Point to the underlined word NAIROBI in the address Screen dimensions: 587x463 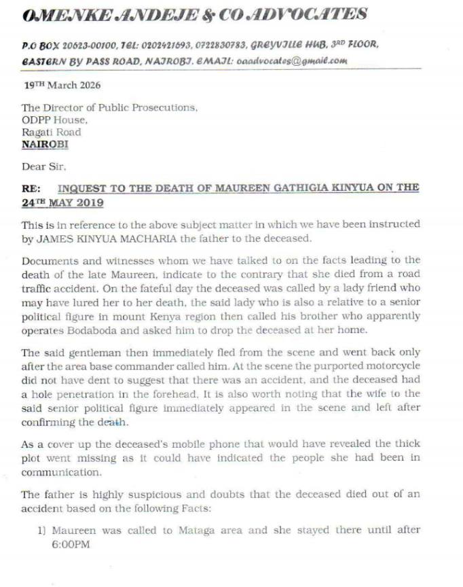[45, 144]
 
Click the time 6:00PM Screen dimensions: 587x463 [71, 544]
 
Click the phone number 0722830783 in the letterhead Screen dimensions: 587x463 [210, 44]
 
